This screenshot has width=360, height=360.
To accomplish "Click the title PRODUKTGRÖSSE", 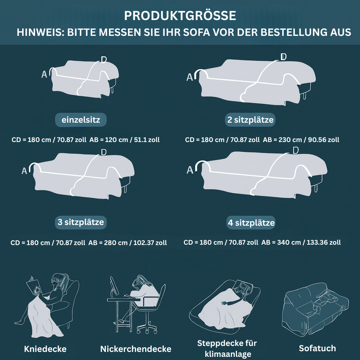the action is [180, 15].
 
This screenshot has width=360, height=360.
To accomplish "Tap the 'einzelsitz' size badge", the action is [81, 120].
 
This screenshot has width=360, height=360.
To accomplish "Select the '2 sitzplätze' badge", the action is [250, 120].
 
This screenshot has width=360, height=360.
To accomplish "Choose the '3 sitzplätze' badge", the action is [81, 222].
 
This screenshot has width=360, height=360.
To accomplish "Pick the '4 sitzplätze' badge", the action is [251, 223].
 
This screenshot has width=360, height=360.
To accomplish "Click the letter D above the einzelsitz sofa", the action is [104, 60].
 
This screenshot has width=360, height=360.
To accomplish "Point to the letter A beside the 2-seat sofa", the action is [189, 77].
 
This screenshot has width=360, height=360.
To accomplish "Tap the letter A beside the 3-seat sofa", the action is [24, 171].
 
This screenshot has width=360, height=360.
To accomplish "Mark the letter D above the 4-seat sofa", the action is [296, 150].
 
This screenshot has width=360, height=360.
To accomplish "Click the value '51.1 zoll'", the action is [147, 140].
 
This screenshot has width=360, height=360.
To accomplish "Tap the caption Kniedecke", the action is [45, 349].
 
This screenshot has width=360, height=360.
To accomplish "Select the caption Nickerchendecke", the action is [136, 349].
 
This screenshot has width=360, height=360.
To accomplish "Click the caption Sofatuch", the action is [317, 348].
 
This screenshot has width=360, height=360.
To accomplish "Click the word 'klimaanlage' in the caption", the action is [228, 354].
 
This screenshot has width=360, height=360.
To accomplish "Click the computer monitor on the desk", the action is [114, 286].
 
